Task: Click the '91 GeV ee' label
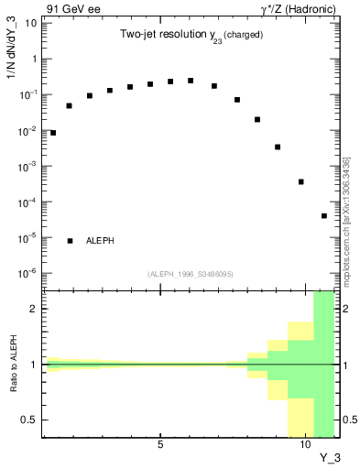click(x=69, y=8)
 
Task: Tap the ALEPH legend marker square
click(x=71, y=241)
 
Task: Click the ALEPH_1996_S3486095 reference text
click(x=190, y=274)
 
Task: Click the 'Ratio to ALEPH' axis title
click(x=14, y=364)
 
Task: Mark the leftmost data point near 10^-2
click(x=53, y=133)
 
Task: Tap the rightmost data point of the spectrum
click(x=324, y=216)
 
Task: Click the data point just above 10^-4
click(x=300, y=181)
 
